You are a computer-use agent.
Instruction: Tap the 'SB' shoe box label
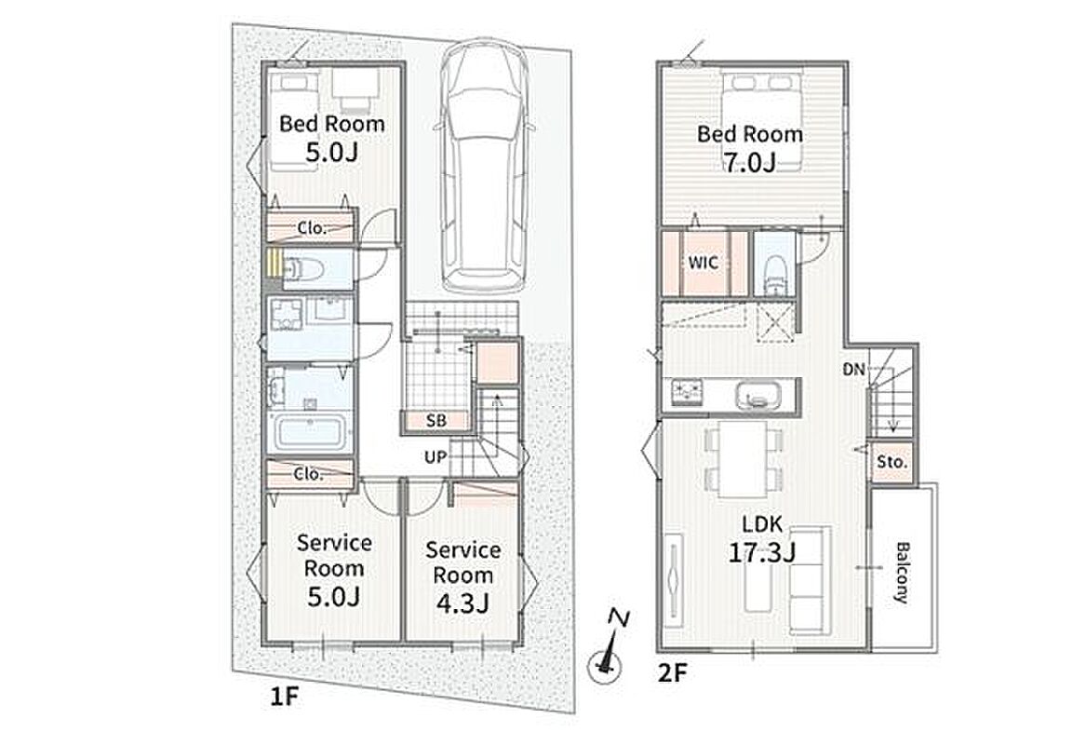point(436,421)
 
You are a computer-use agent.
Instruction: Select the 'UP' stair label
point(436,457)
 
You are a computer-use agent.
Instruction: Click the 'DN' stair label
point(854,370)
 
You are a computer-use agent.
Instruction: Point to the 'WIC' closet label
point(703,263)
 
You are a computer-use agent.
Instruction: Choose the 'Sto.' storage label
point(892,462)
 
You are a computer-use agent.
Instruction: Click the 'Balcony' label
point(902,573)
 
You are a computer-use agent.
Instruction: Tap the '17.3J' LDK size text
point(762,552)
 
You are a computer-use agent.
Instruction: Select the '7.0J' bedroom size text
point(749,161)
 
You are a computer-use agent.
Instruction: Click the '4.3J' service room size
point(463,603)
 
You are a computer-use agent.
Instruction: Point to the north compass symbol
point(607,648)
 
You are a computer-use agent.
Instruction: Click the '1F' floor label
point(284,695)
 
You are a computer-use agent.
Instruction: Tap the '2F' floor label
point(672,672)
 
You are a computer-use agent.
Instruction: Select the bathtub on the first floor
point(309,432)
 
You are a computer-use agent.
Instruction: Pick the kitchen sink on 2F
point(759,396)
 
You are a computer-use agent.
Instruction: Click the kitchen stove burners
point(686,394)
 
